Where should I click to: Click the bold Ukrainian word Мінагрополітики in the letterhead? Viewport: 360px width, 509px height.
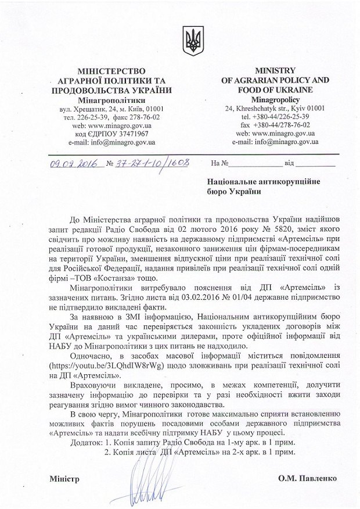[111, 99]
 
